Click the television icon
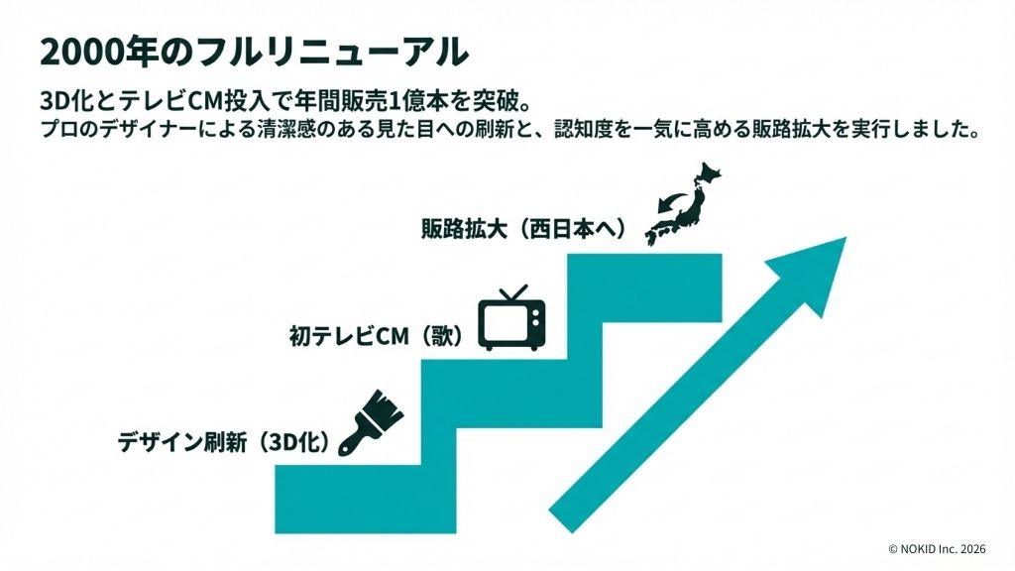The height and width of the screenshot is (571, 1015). (511, 318)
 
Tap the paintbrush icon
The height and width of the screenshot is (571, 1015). (371, 422)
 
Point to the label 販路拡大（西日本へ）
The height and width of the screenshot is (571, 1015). (524, 229)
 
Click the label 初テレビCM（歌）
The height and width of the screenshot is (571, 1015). (377, 336)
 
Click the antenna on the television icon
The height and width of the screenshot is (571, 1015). (513, 293)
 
